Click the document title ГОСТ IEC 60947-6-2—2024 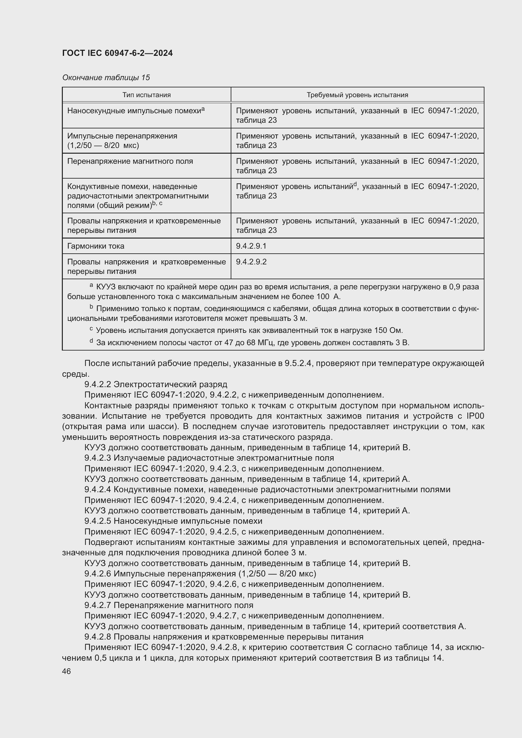tap(117, 53)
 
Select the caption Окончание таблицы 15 tap(106, 78)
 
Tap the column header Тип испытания tap(146, 95)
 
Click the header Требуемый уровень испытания tap(357, 95)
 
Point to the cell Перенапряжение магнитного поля tap(130, 161)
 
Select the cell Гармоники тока tap(96, 246)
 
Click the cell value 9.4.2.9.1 tap(251, 246)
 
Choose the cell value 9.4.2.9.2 tap(251, 262)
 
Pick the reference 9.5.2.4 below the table tap(299, 363)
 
